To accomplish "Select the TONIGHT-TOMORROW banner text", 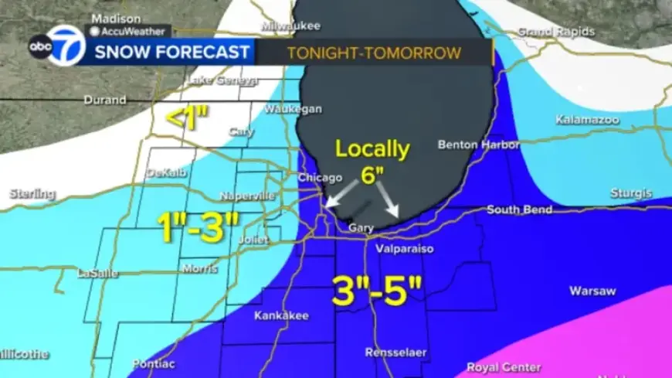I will click(374, 53).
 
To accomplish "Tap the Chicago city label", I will click(317, 179).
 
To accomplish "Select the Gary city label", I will click(361, 228).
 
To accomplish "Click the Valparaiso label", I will click(404, 249).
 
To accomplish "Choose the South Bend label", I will click(519, 209).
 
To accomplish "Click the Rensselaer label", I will click(396, 352).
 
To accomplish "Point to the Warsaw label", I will click(592, 291).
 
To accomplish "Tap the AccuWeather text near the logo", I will click(129, 32).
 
